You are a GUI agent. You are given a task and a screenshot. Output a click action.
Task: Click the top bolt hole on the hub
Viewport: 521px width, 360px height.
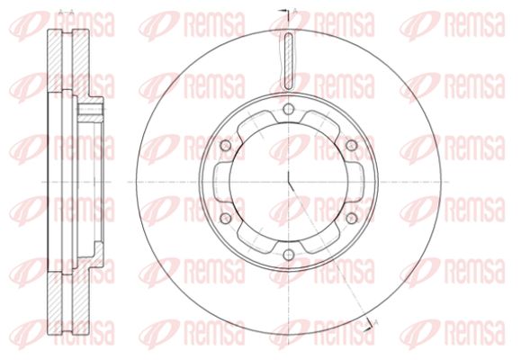tap(289, 109)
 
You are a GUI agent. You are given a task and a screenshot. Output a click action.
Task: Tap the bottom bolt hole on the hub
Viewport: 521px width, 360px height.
tap(289, 255)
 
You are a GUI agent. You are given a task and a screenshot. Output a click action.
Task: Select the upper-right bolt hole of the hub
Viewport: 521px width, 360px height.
tap(352, 145)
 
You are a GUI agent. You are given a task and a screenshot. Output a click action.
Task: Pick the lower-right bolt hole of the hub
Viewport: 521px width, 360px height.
tap(352, 219)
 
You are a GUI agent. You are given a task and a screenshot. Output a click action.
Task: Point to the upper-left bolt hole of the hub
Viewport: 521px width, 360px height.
tap(226, 145)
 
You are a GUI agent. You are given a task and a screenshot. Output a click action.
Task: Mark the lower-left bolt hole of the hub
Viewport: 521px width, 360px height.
tap(226, 219)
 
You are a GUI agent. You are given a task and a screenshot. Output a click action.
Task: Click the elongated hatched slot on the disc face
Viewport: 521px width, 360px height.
tap(289, 61)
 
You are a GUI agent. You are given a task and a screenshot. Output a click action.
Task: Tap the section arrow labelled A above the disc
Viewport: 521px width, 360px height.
tap(285, 11)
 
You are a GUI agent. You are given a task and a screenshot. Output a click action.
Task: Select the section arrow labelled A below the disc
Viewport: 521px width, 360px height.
tap(371, 324)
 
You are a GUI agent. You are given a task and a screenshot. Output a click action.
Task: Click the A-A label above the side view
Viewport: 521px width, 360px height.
tap(66, 13)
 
